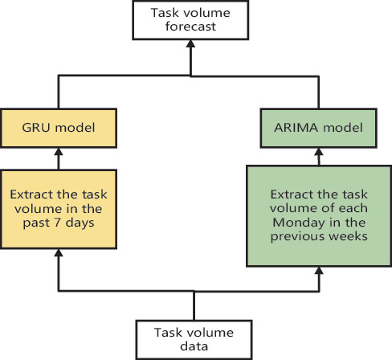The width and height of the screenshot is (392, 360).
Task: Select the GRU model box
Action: pos(57,127)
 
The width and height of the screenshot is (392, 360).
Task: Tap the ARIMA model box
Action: pos(320,127)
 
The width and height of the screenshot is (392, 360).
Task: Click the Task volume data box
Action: pos(194,339)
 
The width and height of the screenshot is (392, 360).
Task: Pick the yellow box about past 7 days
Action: pos(57,207)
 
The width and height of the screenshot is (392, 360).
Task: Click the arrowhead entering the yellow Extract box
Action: pos(57,253)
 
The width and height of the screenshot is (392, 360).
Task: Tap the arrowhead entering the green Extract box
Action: pos(320,270)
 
